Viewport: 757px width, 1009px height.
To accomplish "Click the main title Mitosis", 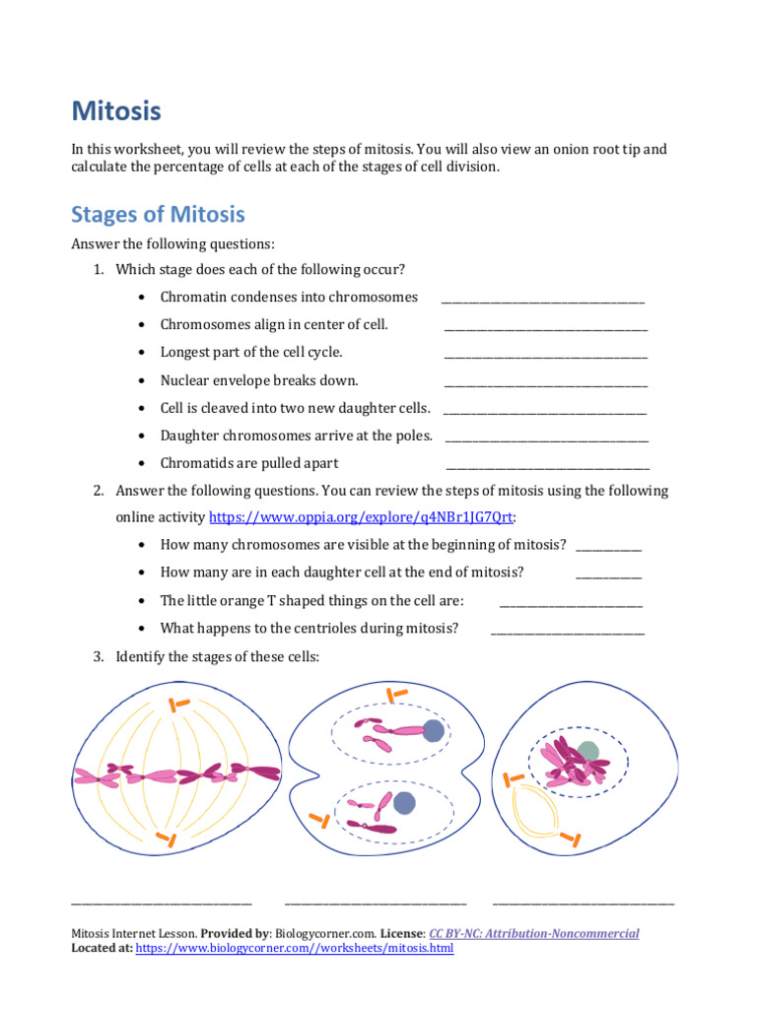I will [x=115, y=111].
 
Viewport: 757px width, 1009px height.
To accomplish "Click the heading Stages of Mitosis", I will [x=158, y=215].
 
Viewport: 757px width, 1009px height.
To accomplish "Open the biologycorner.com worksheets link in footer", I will [x=294, y=949].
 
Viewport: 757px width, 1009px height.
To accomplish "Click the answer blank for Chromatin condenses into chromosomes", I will [x=543, y=302].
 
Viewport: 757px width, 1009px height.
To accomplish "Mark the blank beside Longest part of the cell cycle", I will [x=546, y=357].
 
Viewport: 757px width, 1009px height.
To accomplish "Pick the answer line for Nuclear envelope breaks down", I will [x=546, y=384].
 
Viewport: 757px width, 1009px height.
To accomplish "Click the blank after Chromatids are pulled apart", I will [x=548, y=467].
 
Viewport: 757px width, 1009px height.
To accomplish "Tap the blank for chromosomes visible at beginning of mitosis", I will [x=608, y=550].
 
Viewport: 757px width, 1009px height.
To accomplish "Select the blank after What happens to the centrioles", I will [x=568, y=633].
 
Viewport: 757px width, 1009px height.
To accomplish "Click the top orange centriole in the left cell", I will [x=178, y=704].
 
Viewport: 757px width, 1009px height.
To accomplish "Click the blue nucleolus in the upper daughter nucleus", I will [x=434, y=730].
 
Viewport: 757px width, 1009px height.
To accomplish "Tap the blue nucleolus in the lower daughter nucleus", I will [x=404, y=803].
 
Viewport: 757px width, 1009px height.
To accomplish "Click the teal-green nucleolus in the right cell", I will [x=588, y=752].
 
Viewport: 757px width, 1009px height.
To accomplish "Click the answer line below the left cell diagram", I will [x=162, y=901].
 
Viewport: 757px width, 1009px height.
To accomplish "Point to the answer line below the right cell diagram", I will [x=584, y=901].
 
